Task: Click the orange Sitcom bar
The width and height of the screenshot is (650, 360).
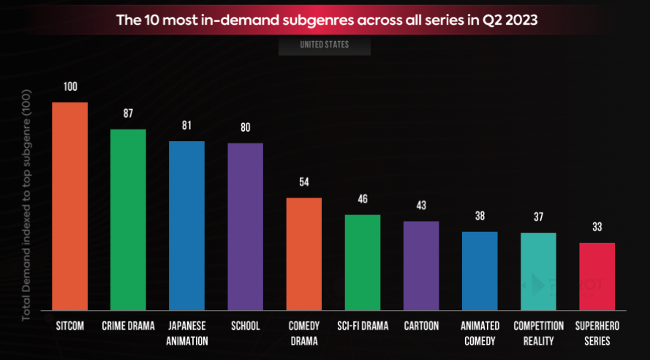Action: [x=69, y=206]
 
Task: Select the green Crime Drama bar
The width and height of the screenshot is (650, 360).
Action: [x=128, y=220]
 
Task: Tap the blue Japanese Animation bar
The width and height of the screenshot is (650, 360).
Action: [x=186, y=225]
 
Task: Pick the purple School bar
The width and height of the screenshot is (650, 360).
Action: [x=245, y=226]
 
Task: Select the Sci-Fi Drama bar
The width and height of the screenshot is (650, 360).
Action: [x=363, y=262]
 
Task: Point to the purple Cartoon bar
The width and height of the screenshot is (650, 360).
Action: [x=421, y=265]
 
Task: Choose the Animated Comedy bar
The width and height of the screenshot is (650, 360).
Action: [x=480, y=271]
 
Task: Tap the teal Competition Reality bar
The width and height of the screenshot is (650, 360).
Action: [x=538, y=271]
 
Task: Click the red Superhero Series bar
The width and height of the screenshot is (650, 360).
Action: [x=597, y=276]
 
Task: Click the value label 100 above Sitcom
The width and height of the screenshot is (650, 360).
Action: [x=70, y=86]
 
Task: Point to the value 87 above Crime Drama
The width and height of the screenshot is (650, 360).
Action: [x=128, y=113]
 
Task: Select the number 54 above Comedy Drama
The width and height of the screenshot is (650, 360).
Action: [x=303, y=182]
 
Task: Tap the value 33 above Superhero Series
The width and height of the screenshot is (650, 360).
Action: [x=597, y=227]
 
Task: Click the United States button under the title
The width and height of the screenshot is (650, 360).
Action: [x=324, y=45]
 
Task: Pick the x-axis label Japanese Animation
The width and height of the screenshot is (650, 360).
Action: [x=186, y=333]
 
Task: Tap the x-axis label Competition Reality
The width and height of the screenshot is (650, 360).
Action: [x=538, y=333]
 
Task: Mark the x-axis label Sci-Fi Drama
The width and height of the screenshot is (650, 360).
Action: [x=363, y=326]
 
